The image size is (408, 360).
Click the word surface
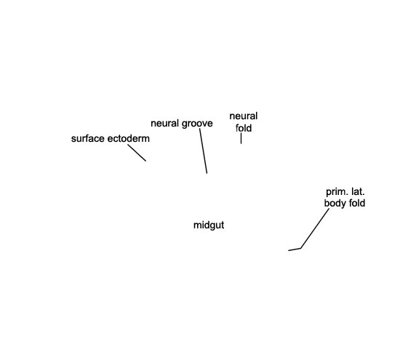[x=87, y=139]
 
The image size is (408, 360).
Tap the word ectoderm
[x=127, y=139]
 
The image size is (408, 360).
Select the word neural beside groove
[x=165, y=123]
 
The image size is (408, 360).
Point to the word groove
[x=197, y=124]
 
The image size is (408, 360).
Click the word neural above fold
[x=244, y=116]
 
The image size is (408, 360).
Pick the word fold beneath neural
[x=244, y=128]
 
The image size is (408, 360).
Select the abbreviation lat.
[x=358, y=192]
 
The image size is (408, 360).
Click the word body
[x=335, y=203]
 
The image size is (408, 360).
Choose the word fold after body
[x=357, y=203]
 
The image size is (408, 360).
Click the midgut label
[x=209, y=225]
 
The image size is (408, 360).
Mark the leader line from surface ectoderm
[x=137, y=153]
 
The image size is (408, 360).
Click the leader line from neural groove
[x=204, y=151]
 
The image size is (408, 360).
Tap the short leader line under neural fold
[x=241, y=138]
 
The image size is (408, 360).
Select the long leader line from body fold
[x=314, y=229]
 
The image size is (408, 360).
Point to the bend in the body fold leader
[x=300, y=249]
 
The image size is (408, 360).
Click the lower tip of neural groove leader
[x=207, y=173]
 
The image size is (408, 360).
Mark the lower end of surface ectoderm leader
[x=145, y=161]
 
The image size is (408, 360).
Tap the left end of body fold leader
[x=288, y=250]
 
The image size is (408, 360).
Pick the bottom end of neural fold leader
[x=241, y=143]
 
